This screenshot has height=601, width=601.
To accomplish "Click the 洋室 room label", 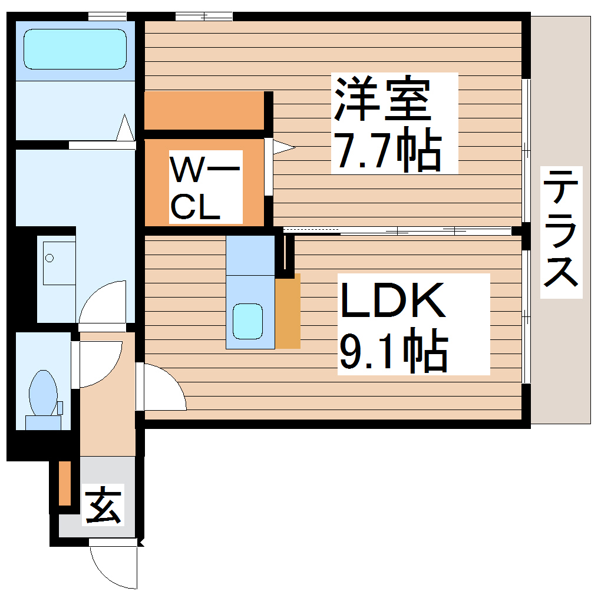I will click(382, 98).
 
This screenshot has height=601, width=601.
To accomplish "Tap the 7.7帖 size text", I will click(387, 151).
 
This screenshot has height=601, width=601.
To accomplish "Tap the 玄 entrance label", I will click(104, 506).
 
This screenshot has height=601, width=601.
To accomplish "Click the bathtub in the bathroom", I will click(75, 48).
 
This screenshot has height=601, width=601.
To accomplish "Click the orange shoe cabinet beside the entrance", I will click(65, 483).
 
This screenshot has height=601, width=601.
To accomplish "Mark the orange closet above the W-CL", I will click(204, 110).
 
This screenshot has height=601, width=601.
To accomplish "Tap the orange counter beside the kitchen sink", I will click(288, 311).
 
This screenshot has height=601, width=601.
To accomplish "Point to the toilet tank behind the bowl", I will click(43, 422).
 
